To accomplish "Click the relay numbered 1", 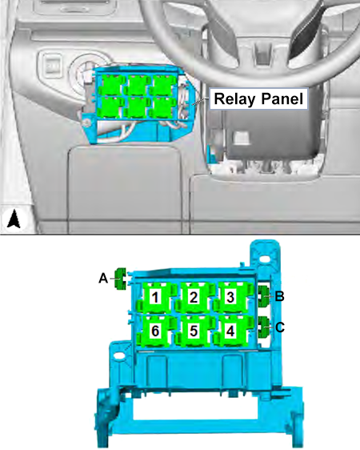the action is tap(154, 297).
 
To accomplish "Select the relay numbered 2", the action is tap(194, 297).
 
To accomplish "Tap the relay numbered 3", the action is tap(231, 297).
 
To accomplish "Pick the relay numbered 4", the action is tap(231, 331).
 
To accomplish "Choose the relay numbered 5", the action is tap(194, 331).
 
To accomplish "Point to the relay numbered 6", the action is tap(154, 331).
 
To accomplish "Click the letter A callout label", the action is tap(103, 279).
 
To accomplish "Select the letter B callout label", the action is tap(279, 296).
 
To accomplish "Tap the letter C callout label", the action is tap(280, 327).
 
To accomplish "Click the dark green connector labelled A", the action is tap(121, 279).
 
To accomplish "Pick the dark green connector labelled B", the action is tap(263, 296).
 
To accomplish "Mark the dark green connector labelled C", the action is tap(263, 327).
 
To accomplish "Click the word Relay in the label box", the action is tap(234, 98).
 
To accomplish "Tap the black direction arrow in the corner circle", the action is tap(14, 219).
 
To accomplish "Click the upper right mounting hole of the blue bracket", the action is tap(266, 259).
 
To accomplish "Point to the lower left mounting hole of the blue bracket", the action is tap(119, 356).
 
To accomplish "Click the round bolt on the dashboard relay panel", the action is tap(87, 123).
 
